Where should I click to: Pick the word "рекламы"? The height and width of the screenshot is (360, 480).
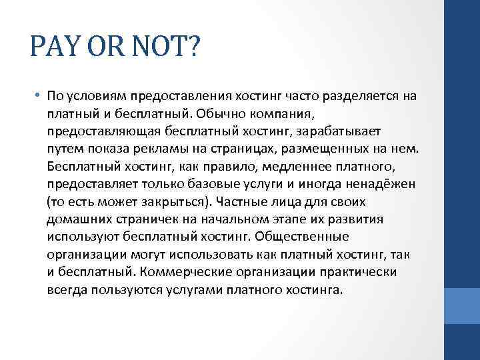(151, 147)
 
